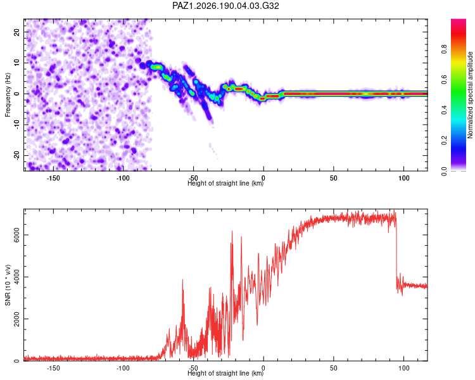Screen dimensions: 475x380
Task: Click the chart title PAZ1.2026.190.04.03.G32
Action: pos(225,6)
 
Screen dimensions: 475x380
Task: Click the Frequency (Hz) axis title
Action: pos(8,95)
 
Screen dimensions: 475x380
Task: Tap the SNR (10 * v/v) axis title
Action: pos(8,285)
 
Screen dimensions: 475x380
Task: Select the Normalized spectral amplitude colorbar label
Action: pos(470,95)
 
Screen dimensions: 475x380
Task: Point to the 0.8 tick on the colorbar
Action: pos(445,49)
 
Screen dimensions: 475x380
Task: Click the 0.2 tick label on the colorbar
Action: pos(445,141)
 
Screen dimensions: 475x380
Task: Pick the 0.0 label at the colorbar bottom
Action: pos(445,171)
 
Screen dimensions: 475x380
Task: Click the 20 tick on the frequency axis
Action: pos(17,32)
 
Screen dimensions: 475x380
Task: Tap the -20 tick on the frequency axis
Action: pos(17,156)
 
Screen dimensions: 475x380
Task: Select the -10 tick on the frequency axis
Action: pos(17,125)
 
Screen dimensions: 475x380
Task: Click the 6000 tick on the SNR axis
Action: pos(17,235)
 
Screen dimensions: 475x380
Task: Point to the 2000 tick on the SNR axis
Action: pos(17,319)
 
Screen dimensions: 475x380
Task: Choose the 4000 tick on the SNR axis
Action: pos(17,277)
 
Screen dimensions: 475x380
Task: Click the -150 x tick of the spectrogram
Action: pos(53,178)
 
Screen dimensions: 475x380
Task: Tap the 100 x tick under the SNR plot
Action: pos(404,368)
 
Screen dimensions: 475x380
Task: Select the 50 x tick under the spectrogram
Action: pos(334,178)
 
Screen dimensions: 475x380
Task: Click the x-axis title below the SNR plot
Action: pos(225,373)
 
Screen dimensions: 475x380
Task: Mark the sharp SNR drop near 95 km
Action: pos(396,251)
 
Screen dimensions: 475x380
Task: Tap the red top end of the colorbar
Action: pos(459,21)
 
